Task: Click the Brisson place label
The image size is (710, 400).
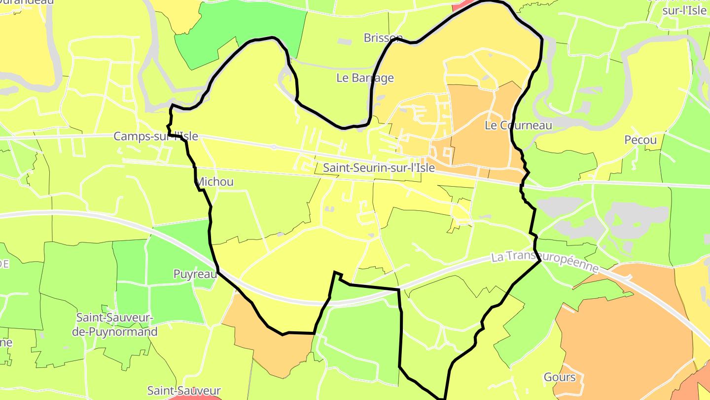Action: tap(383, 38)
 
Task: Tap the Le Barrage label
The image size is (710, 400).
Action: tap(365, 78)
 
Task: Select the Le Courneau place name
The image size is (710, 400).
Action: tap(518, 125)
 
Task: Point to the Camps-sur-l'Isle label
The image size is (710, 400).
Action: tap(156, 136)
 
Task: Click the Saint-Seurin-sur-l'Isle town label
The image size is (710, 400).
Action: tap(379, 168)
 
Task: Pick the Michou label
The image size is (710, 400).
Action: tap(215, 182)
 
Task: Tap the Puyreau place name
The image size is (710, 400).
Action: tap(195, 274)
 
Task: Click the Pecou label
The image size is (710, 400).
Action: tap(640, 140)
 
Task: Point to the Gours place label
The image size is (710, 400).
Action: tap(560, 377)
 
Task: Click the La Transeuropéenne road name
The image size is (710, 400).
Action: tap(545, 263)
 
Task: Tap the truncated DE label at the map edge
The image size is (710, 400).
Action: tap(4, 264)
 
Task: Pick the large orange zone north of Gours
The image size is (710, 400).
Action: tap(621, 326)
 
